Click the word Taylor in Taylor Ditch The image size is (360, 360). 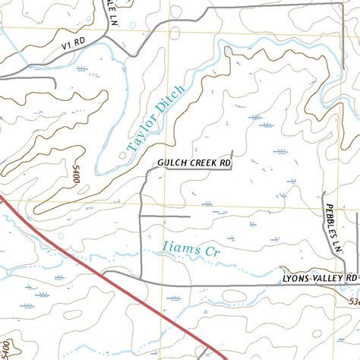point(141,131)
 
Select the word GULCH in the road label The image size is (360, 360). point(171,163)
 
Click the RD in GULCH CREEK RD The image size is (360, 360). point(225,163)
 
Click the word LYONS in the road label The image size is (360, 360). point(295,279)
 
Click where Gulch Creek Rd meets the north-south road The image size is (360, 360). point(147,172)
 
